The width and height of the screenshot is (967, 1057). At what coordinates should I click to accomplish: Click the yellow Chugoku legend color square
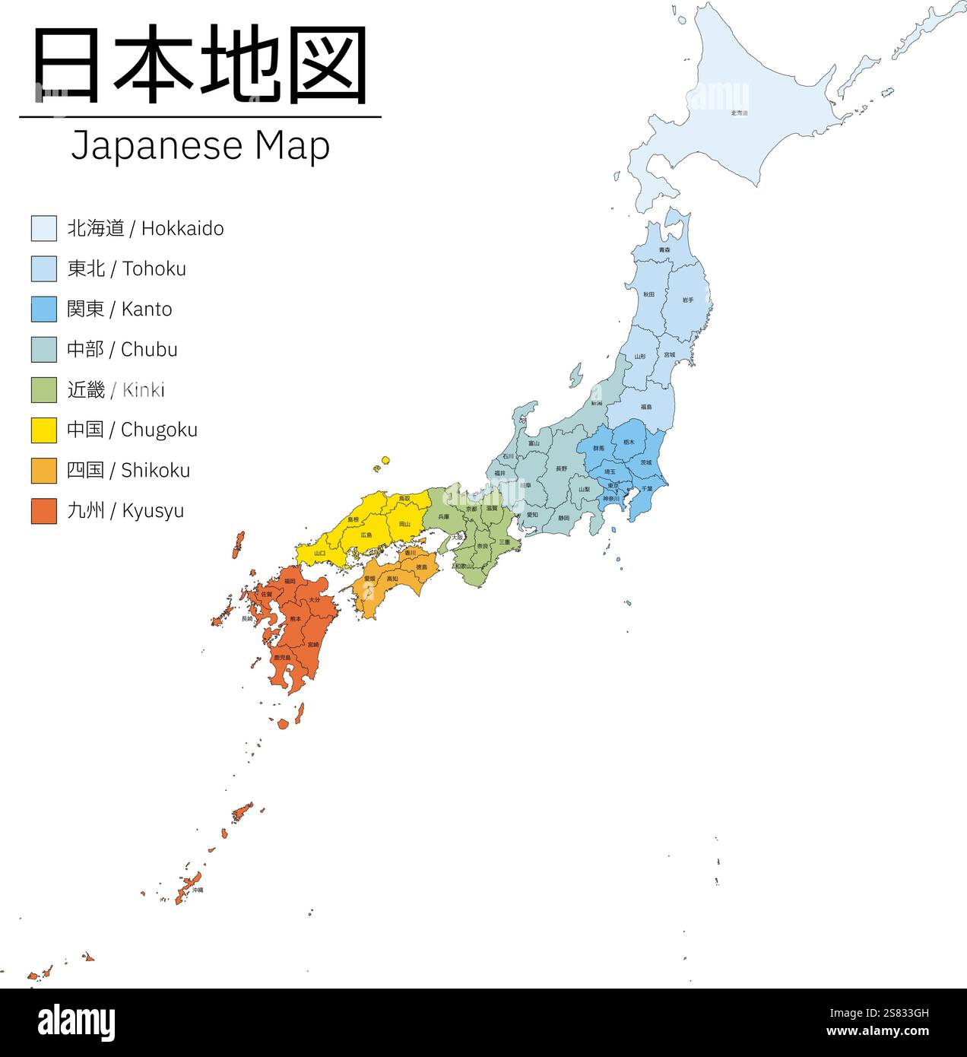click(x=44, y=430)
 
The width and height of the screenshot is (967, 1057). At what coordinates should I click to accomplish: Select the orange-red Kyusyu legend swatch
click(x=44, y=510)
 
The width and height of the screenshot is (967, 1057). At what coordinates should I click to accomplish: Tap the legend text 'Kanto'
click(x=147, y=309)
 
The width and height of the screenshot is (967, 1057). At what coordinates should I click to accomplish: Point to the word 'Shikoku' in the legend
click(x=156, y=471)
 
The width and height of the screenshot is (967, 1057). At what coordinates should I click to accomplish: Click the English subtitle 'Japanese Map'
click(x=201, y=146)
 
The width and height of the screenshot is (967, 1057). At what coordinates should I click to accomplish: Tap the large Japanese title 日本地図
click(x=201, y=65)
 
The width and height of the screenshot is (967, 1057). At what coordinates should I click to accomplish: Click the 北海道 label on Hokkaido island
click(x=740, y=113)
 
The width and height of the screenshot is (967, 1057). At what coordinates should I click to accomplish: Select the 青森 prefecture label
click(x=664, y=250)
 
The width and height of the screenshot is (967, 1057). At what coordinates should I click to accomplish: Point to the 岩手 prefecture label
click(x=687, y=300)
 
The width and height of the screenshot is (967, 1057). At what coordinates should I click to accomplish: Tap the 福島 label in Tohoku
click(x=646, y=408)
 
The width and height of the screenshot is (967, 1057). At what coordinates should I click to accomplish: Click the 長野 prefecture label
click(x=561, y=468)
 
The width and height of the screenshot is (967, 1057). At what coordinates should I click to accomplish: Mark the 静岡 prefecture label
click(x=563, y=518)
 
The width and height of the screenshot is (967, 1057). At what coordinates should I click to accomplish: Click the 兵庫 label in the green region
click(x=444, y=517)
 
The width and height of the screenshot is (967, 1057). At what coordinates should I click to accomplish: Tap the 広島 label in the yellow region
click(x=366, y=535)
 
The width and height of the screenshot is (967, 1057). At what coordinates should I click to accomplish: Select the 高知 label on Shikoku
click(x=392, y=579)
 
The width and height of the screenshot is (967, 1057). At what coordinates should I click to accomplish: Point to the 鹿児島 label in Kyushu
click(x=282, y=657)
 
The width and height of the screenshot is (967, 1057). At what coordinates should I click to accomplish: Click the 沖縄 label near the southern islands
click(x=198, y=890)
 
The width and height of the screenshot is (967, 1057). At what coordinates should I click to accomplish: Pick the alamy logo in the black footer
click(x=76, y=1023)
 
